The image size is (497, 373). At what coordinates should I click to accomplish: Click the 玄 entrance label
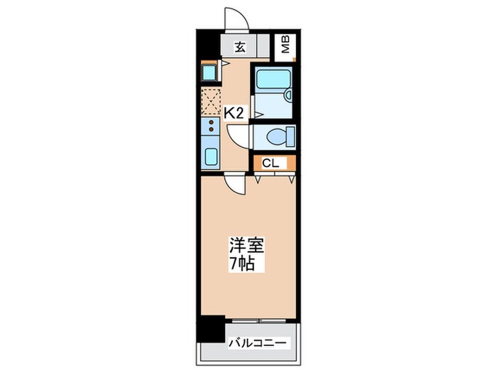(x=241, y=48)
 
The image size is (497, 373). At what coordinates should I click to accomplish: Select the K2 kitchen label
(x=234, y=112)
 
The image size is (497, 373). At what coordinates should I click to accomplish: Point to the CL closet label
(x=270, y=163)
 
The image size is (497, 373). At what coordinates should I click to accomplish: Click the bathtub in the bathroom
(x=270, y=85)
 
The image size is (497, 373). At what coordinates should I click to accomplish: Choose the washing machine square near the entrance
(x=209, y=71)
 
